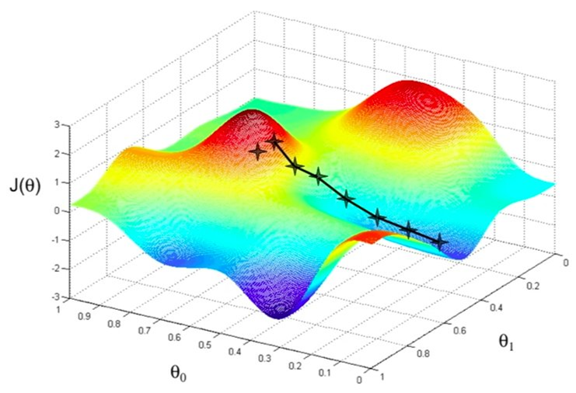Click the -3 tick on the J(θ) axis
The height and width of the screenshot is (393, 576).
[56, 297]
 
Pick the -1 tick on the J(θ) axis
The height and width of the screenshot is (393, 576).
[56, 239]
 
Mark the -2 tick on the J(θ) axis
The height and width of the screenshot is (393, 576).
[56, 268]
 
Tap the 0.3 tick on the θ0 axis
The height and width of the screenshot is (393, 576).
[266, 357]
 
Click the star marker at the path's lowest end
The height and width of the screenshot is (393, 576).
[441, 242]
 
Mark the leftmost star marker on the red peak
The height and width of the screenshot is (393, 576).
[257, 151]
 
